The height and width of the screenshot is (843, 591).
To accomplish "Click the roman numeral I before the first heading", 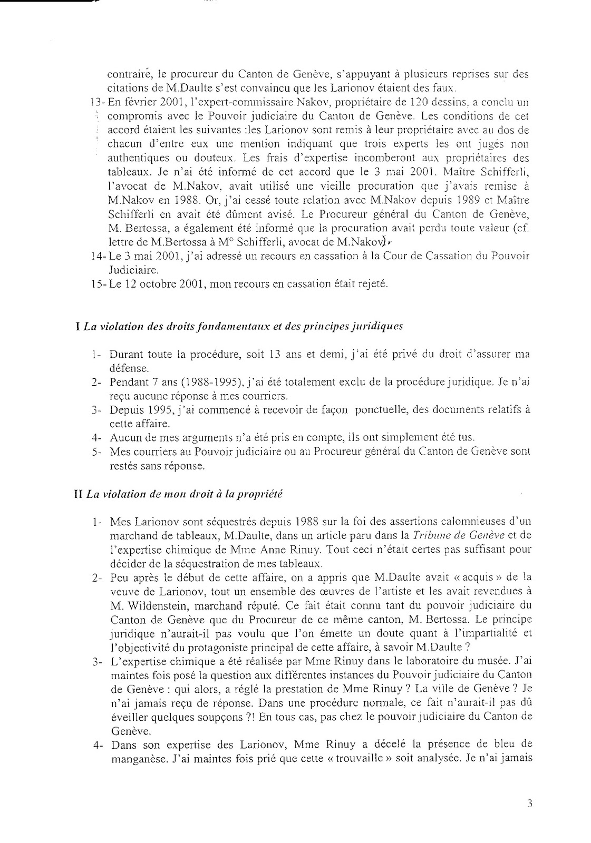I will [78, 327].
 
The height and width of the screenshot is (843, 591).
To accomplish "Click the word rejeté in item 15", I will [372, 285].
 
